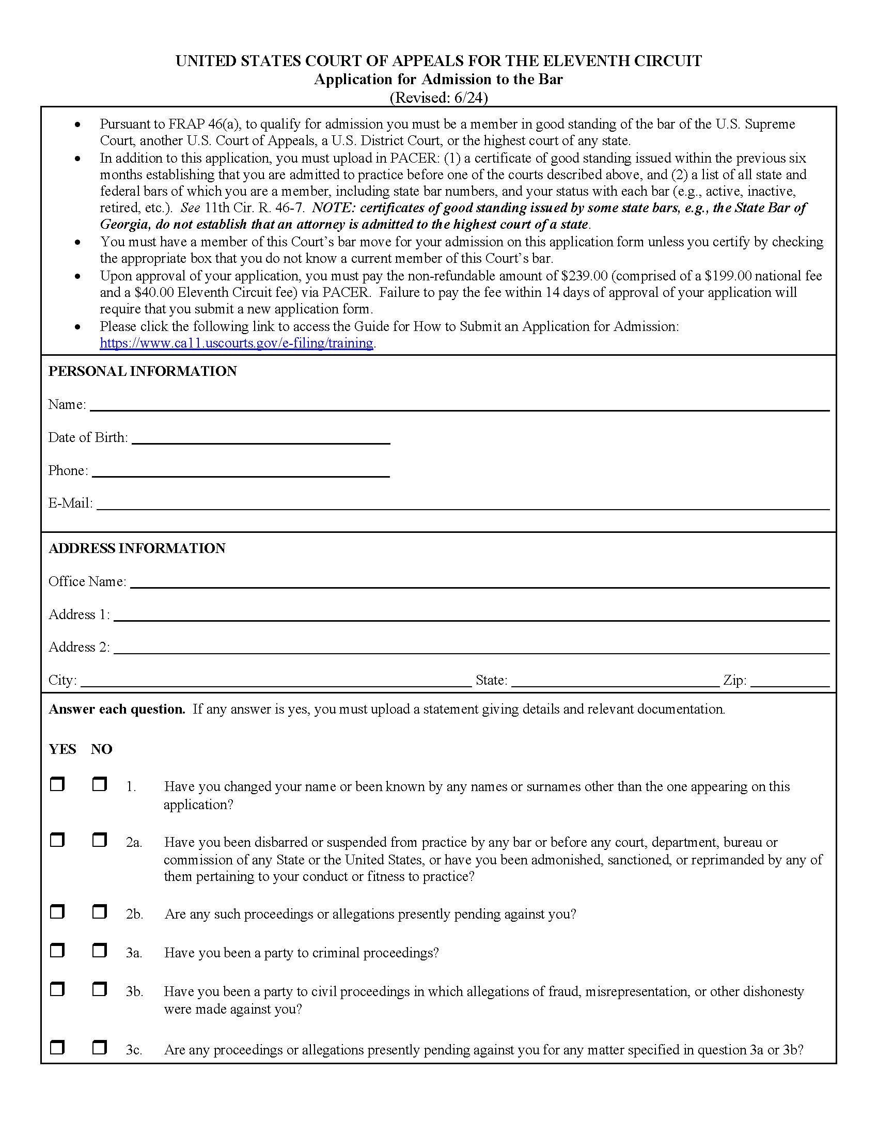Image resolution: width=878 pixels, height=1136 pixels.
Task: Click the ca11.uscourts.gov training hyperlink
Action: click(x=236, y=343)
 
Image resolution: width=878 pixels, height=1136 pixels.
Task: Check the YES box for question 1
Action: click(x=57, y=784)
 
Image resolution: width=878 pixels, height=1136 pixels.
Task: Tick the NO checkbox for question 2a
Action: click(x=99, y=840)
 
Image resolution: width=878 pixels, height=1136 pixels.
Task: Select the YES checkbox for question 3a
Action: click(x=57, y=950)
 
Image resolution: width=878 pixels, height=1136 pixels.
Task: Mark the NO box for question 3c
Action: click(x=99, y=1047)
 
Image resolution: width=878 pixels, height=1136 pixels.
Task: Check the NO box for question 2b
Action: click(x=99, y=911)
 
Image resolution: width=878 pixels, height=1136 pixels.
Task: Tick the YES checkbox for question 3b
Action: click(x=57, y=989)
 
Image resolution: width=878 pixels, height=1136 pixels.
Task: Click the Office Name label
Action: click(x=87, y=581)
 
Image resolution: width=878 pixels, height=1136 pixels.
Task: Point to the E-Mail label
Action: click(x=70, y=503)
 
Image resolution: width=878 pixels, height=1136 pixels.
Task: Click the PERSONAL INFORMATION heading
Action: click(x=143, y=371)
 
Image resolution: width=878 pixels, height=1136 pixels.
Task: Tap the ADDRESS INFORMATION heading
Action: click(x=137, y=548)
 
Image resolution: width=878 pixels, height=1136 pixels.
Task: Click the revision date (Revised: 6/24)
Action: click(x=438, y=98)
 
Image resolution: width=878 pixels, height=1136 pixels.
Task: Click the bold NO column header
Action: click(x=101, y=749)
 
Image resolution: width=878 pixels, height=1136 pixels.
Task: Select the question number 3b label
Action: click(x=134, y=991)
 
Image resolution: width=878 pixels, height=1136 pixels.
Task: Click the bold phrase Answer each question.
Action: click(x=117, y=709)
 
